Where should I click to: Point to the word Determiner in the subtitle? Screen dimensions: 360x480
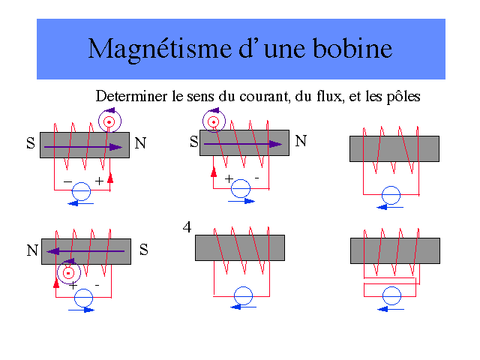(x=127, y=97)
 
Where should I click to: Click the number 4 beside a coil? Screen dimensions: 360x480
(x=187, y=226)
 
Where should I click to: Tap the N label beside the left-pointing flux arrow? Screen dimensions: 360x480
(x=32, y=251)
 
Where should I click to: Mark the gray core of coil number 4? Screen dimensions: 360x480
(x=240, y=247)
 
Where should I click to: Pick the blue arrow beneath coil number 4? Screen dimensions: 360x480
(x=239, y=307)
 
